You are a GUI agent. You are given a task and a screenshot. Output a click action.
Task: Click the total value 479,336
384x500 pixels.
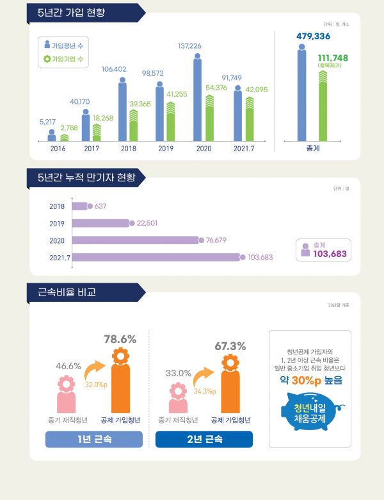(313, 37)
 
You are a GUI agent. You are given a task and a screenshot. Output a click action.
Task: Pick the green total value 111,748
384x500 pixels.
(333, 58)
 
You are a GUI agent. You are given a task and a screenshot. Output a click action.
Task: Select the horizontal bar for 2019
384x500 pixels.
(101, 223)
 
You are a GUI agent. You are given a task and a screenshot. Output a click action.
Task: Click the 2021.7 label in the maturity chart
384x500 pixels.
(59, 258)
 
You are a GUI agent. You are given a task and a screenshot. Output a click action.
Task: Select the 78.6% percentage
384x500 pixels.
(120, 338)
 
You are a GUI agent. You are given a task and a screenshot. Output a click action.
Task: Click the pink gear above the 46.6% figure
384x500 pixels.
(67, 384)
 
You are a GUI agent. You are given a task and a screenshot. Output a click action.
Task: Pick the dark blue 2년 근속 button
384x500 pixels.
(204, 440)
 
